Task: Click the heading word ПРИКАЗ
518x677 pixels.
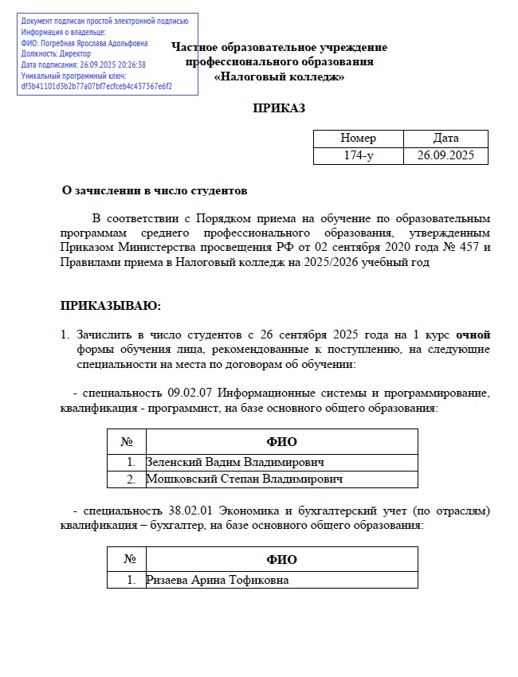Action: click(x=279, y=108)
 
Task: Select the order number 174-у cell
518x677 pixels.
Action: click(x=359, y=155)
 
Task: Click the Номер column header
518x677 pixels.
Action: click(x=359, y=139)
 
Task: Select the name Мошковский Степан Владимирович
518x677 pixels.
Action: click(x=244, y=479)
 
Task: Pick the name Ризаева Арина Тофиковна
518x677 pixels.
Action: click(x=218, y=580)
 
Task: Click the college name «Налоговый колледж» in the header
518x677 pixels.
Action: click(x=279, y=77)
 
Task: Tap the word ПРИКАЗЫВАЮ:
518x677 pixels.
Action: click(x=110, y=305)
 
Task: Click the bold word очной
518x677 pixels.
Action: click(x=473, y=334)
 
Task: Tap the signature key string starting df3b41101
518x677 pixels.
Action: click(x=96, y=86)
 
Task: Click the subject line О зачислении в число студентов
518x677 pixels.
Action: click(x=155, y=191)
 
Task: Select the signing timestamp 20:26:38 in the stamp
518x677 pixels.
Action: click(x=129, y=65)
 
